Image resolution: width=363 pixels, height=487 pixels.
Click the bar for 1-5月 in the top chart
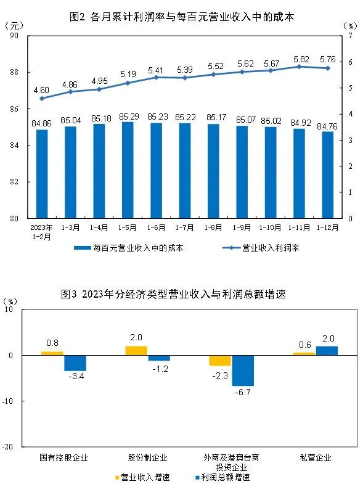point(128,170)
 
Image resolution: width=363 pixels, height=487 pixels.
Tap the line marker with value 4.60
point(42,99)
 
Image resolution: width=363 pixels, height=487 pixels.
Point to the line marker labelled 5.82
point(300,67)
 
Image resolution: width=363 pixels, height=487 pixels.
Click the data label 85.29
point(128,115)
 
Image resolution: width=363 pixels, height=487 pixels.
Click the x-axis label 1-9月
point(242,227)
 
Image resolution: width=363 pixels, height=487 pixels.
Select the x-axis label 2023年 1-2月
point(42,231)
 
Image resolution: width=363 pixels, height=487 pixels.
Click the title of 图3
point(182,294)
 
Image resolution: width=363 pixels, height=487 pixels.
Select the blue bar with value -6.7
point(243,370)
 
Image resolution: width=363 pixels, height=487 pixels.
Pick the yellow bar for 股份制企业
point(136,351)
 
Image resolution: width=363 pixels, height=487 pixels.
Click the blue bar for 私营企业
point(327,351)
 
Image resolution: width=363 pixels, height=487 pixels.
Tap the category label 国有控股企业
point(63,458)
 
